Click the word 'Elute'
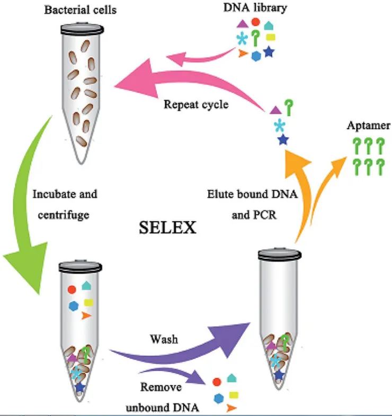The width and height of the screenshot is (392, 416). tap(220, 194)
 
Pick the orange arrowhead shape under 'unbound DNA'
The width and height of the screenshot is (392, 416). tap(230, 408)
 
